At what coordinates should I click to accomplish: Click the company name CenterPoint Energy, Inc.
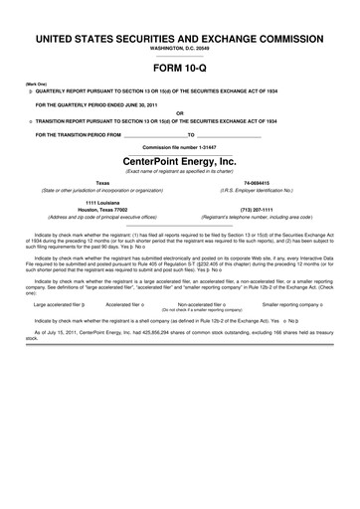[179, 160]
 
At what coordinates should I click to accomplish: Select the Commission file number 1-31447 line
[179, 145]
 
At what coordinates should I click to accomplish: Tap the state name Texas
[102, 184]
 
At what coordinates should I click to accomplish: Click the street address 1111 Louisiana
[102, 203]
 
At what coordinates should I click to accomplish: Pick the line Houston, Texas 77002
[102, 210]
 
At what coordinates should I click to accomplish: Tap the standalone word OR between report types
[179, 111]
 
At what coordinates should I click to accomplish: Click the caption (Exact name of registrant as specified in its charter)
[179, 172]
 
